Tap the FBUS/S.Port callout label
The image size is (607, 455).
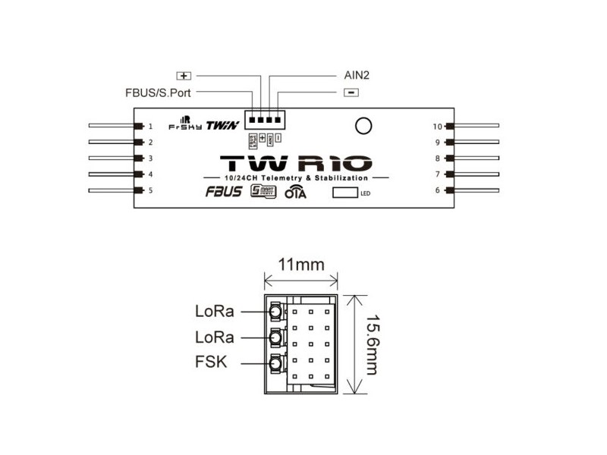tap(159, 93)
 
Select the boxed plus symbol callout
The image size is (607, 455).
tap(184, 76)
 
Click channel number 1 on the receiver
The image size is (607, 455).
tap(150, 127)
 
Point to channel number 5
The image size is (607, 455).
tap(150, 190)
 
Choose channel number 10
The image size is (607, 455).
tap(437, 127)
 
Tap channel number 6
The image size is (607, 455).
tap(438, 190)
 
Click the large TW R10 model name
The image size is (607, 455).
tap(296, 162)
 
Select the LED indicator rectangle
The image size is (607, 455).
tap(345, 192)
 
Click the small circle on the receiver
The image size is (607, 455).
tap(363, 126)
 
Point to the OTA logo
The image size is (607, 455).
tap(294, 193)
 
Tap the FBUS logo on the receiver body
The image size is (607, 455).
tap(223, 191)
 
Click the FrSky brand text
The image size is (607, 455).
tap(185, 127)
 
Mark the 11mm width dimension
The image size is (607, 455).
tap(301, 265)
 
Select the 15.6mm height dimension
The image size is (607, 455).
tap(371, 344)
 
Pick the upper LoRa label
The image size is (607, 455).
tap(214, 311)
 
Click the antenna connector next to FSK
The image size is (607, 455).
tap(274, 364)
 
